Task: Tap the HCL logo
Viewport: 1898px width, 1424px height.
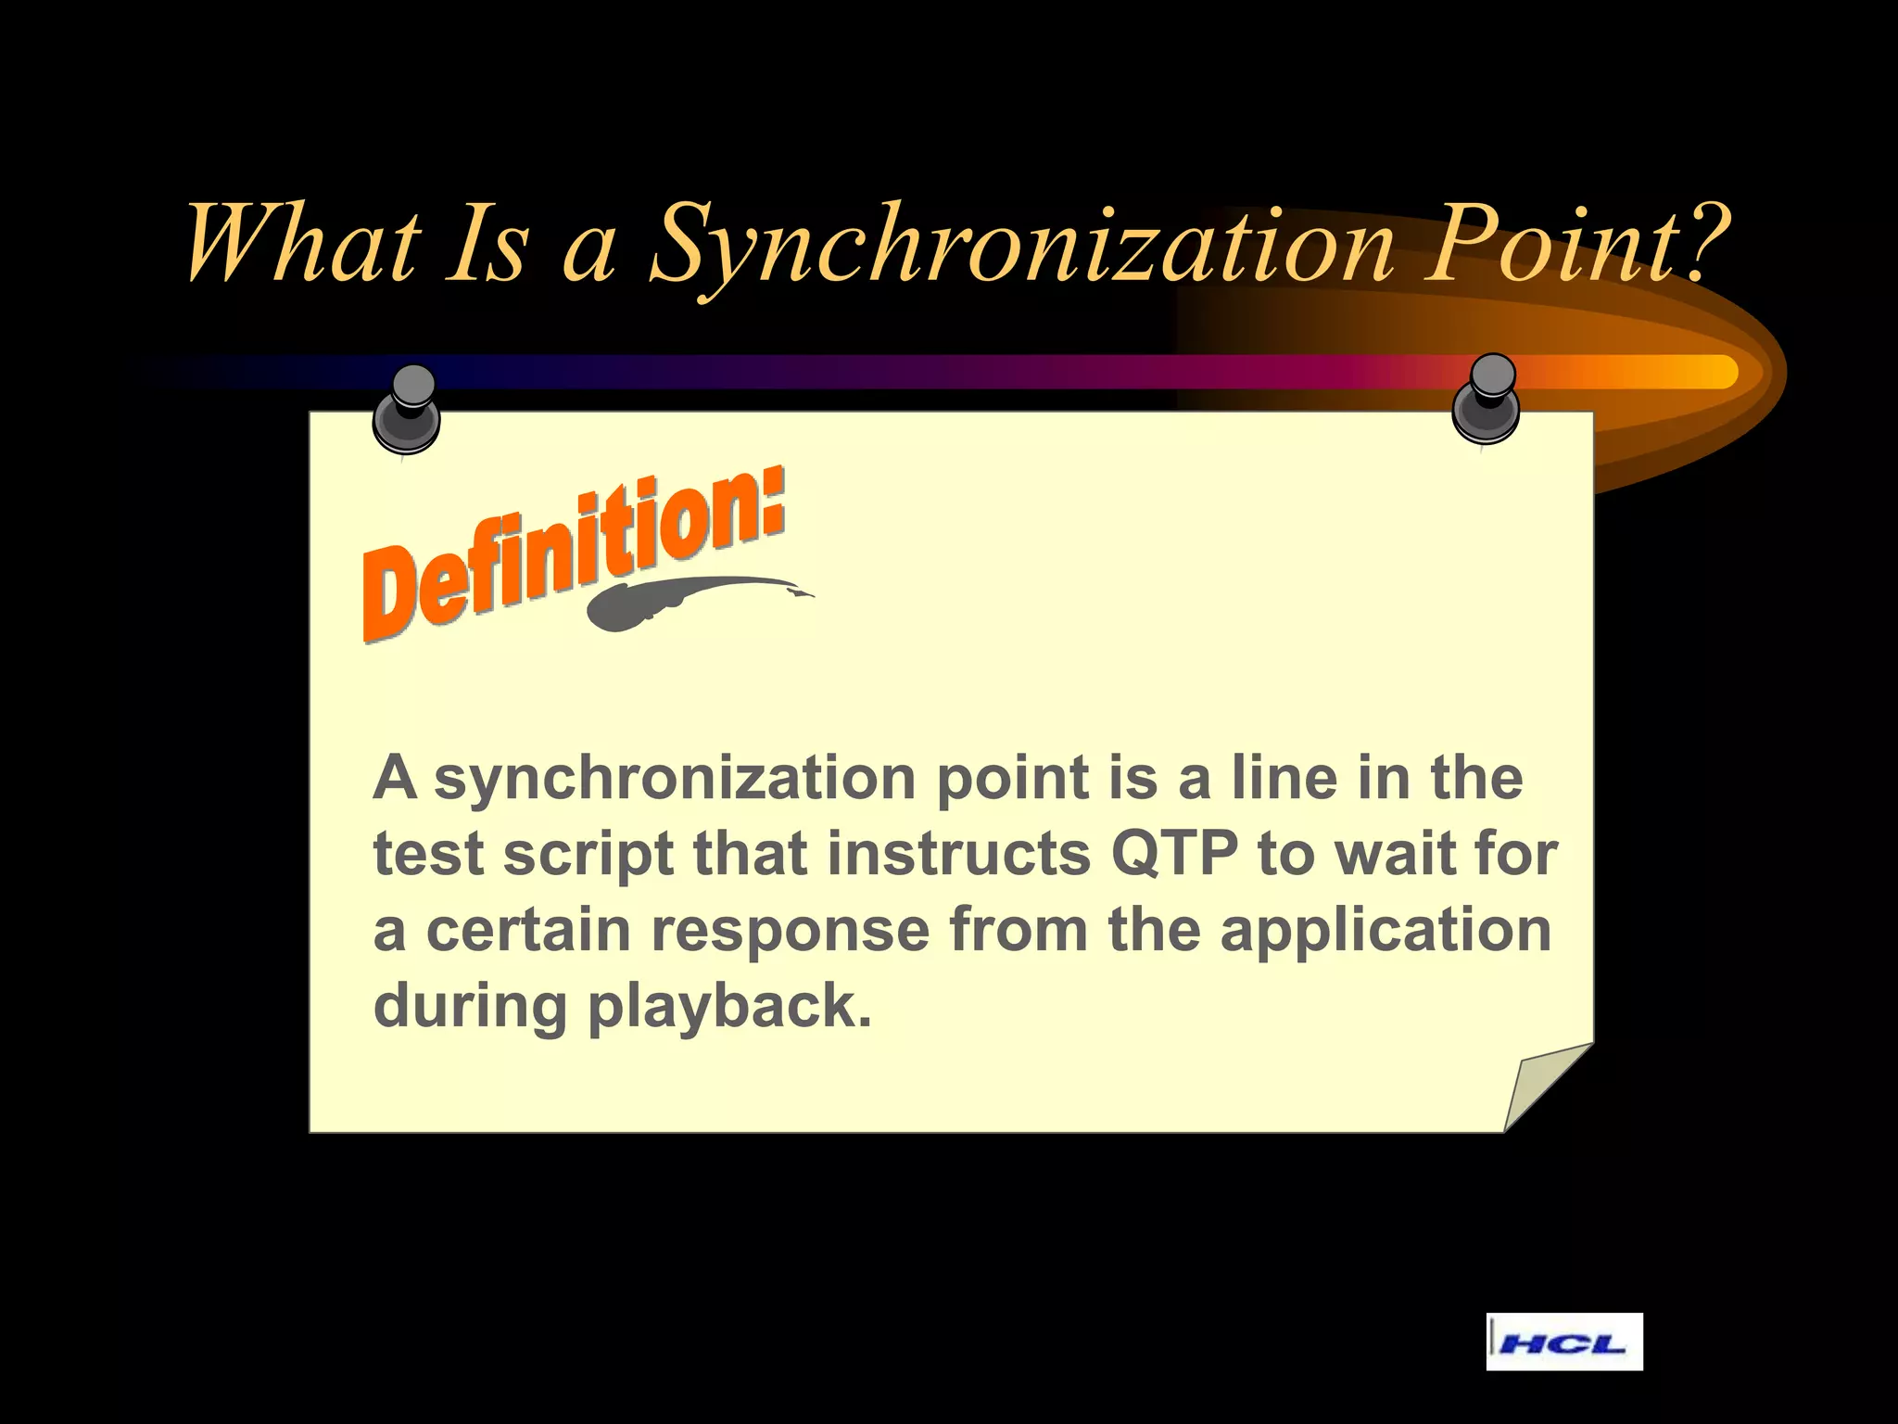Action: pyautogui.click(x=1563, y=1341)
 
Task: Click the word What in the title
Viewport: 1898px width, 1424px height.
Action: pyautogui.click(x=301, y=243)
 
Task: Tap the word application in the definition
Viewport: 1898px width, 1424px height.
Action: pyautogui.click(x=1386, y=929)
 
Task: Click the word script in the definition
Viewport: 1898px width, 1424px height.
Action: pyautogui.click(x=588, y=855)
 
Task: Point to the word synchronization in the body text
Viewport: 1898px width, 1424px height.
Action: pyautogui.click(x=676, y=778)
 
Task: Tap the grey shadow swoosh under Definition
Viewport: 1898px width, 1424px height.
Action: pyautogui.click(x=686, y=601)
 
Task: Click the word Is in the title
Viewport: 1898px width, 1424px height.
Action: pyautogui.click(x=487, y=243)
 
